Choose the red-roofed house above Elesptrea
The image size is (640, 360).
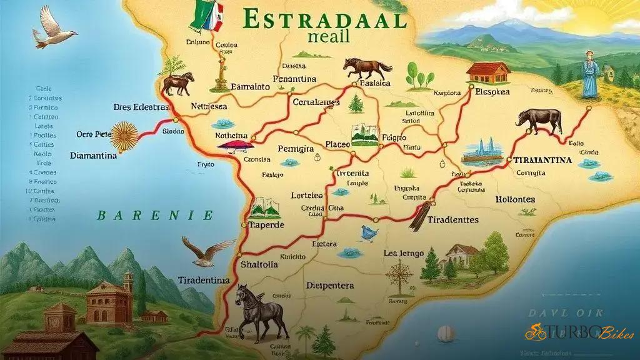point(488,72)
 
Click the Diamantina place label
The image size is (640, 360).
point(93,156)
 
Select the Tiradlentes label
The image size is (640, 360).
point(453,220)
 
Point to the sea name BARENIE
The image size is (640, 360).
point(155,216)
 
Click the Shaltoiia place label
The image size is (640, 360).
point(260,264)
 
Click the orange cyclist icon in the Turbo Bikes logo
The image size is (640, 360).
point(535,332)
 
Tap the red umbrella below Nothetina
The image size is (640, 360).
point(236,146)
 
